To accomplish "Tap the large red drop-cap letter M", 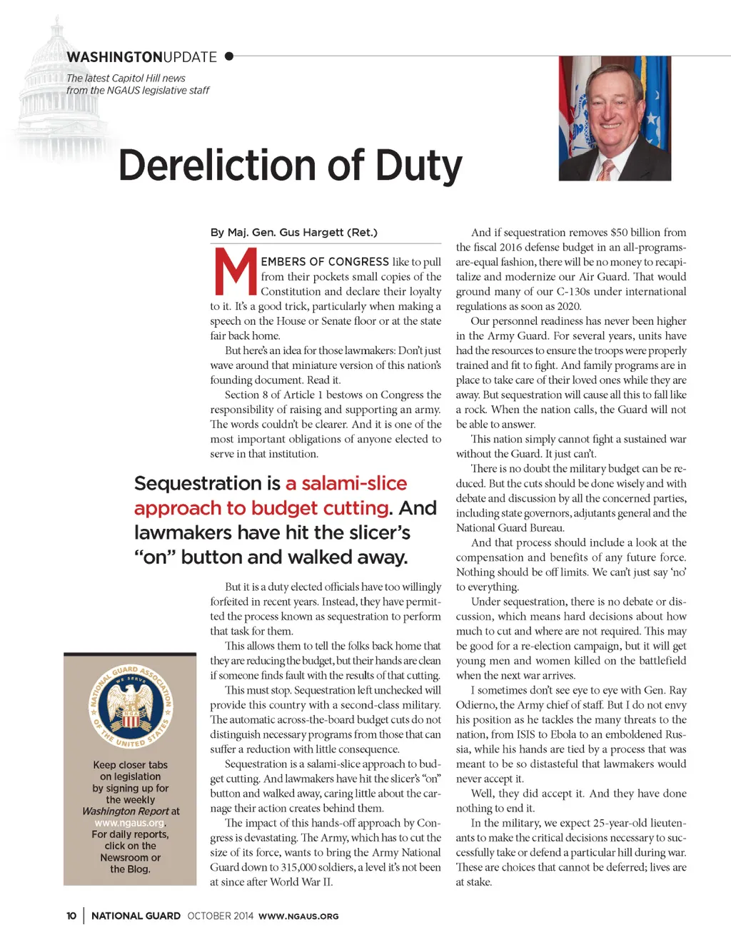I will click(x=235, y=272).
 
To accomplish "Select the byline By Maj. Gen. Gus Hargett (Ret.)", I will click(x=293, y=233).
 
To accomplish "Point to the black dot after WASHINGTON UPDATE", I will click(x=229, y=56).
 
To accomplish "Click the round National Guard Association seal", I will click(x=130, y=707).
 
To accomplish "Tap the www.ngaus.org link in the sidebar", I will click(x=129, y=823).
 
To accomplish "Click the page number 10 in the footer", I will click(x=71, y=916).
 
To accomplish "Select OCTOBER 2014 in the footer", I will click(x=220, y=916).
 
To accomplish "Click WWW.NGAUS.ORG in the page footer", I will click(x=298, y=916).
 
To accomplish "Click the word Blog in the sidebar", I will click(x=138, y=869).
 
